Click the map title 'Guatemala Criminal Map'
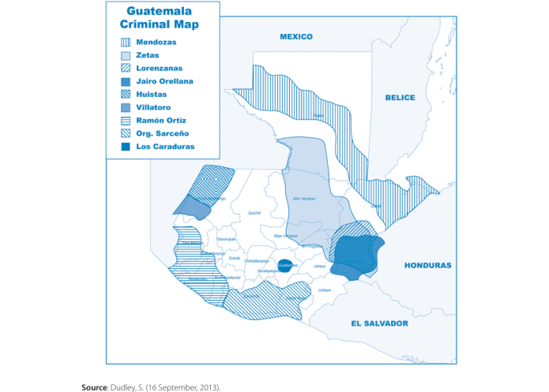(x=164, y=18)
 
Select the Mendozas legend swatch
(x=125, y=42)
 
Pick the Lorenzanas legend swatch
(x=125, y=69)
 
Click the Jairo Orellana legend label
(x=164, y=81)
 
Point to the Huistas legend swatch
(x=125, y=95)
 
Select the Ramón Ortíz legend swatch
(x=125, y=121)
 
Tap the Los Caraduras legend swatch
(x=125, y=147)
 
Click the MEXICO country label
(x=296, y=37)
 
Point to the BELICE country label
(x=400, y=97)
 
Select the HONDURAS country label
(x=427, y=266)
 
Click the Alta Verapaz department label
(x=303, y=199)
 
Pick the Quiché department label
(x=254, y=212)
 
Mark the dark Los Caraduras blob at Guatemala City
(x=285, y=266)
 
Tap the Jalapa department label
(x=319, y=267)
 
